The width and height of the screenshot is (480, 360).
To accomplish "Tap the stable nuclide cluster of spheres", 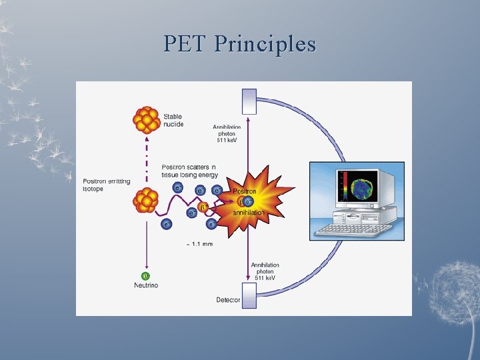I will (x=146, y=119).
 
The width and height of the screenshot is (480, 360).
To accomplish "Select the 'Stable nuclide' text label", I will (x=174, y=121).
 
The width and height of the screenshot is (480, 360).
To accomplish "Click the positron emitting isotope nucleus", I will (x=145, y=199).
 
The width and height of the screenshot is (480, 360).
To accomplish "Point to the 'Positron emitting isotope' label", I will (x=107, y=185).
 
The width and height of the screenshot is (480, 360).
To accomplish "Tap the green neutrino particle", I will (x=146, y=275).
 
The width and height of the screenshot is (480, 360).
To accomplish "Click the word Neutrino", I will (x=146, y=286).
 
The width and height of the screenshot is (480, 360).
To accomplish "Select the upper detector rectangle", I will (x=249, y=101).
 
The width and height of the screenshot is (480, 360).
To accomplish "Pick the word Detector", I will (x=228, y=300).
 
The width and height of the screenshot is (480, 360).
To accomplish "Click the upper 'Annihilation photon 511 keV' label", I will (x=227, y=133).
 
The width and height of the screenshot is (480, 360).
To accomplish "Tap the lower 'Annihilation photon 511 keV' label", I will (x=265, y=271).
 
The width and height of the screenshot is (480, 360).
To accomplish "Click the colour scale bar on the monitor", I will (x=345, y=186).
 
